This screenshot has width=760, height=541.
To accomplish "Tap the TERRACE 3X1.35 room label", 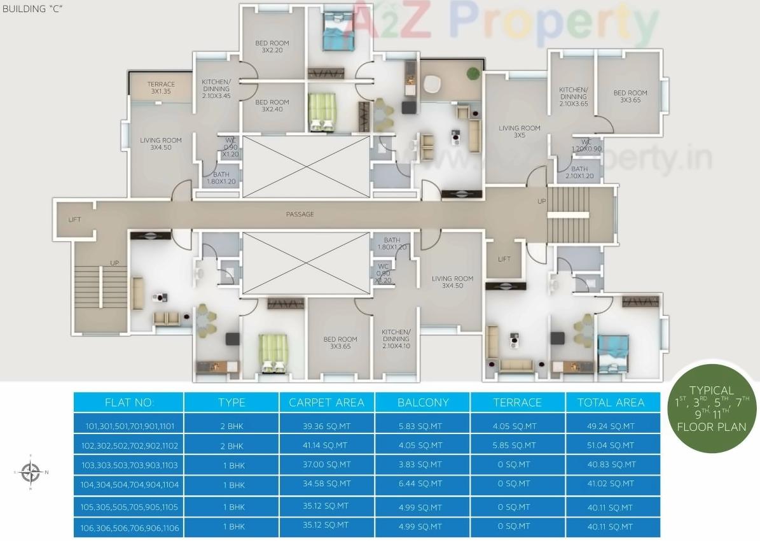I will point(161,88).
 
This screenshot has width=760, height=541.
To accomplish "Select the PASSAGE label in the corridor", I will point(300,214).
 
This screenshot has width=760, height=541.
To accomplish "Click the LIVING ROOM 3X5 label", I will point(519,131).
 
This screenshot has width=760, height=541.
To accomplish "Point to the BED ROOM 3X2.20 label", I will point(272,46).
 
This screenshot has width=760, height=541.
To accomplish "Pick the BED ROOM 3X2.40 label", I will point(272,105).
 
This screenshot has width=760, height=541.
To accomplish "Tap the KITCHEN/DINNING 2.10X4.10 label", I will point(396,339).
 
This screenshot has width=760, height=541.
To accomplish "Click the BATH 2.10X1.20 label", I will point(579,172).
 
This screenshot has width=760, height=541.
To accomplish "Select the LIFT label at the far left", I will point(74,220).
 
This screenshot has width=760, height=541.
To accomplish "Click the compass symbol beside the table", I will point(30,472).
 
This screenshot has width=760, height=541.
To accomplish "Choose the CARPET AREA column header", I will point(326,402).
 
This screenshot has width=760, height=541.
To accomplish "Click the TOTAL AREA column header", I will point(611,402).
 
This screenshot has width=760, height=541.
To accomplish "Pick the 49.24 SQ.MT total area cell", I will point(611,426).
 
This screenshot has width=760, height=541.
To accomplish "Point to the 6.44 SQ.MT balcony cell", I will point(420,484).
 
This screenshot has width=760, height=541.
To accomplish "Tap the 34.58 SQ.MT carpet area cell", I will point(326,484).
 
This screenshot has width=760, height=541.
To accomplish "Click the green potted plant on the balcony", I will point(473,73).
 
